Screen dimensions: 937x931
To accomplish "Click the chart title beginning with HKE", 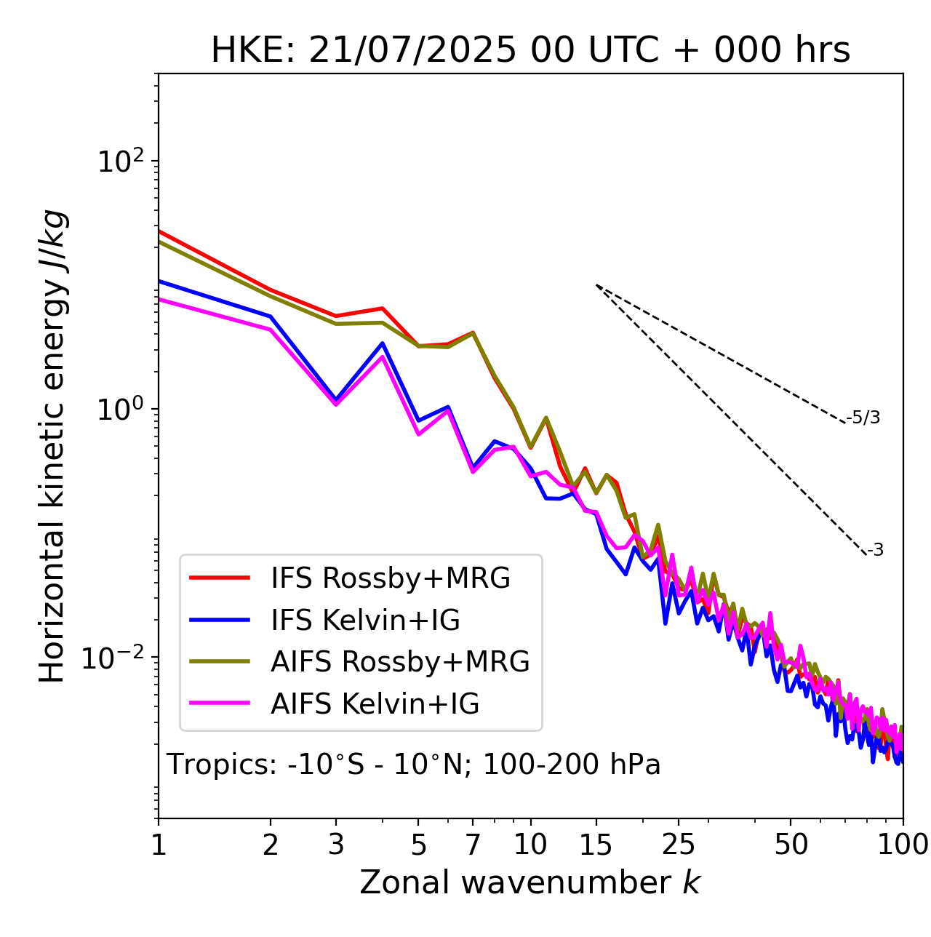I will (530, 51).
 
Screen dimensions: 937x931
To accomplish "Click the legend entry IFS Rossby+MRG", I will (390, 578).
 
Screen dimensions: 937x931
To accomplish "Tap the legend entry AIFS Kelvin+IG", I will (375, 704).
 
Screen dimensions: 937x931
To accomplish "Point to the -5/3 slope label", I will (863, 418).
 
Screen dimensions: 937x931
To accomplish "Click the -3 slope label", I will (875, 551).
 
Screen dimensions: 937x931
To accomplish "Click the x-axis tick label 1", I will (159, 845).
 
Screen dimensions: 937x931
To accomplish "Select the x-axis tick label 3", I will (336, 845).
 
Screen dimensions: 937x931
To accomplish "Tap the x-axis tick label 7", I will (473, 845).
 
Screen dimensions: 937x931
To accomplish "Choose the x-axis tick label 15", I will (596, 845).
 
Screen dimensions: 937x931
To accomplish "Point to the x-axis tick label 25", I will (679, 845).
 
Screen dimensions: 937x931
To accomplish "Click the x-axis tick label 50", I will (791, 845).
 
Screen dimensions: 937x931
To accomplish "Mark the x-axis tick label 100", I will (903, 845).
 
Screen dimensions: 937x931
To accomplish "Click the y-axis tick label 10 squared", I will (119, 162).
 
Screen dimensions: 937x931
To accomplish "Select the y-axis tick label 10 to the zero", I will (119, 410).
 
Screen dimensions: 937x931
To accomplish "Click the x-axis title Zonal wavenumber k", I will (530, 883).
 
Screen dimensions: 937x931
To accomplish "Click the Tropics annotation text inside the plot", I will (413, 765).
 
